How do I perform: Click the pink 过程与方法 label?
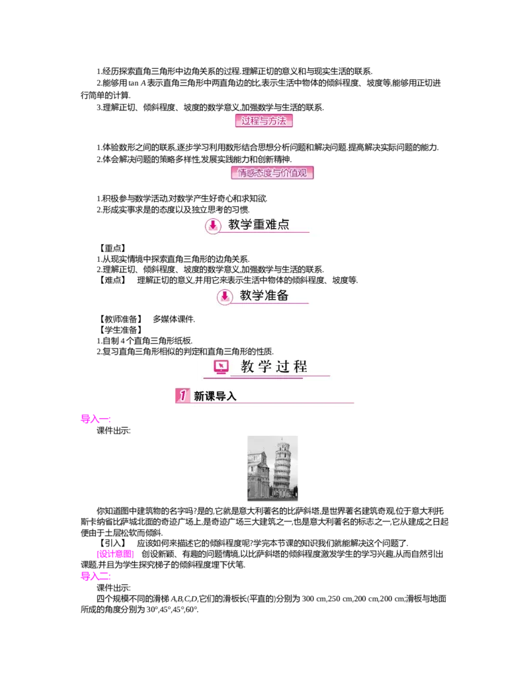coord(264,121)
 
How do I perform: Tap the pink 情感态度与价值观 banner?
coord(272,173)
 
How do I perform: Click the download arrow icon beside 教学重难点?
coord(213,226)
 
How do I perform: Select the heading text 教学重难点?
coord(259,225)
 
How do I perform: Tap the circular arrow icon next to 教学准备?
coord(225,297)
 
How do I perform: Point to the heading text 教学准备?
coord(264,296)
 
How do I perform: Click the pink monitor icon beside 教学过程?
coord(221,367)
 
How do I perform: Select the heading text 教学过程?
coord(274,367)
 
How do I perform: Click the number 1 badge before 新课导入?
coord(181,396)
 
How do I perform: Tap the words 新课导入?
coord(215,396)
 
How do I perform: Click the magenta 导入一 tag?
coord(95,419)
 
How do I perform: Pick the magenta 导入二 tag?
coord(95,577)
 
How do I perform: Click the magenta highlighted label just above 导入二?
coord(116,554)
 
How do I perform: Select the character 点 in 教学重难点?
coord(283,225)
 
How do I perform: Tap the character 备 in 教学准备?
coord(282,296)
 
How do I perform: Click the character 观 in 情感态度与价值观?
coord(307,173)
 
